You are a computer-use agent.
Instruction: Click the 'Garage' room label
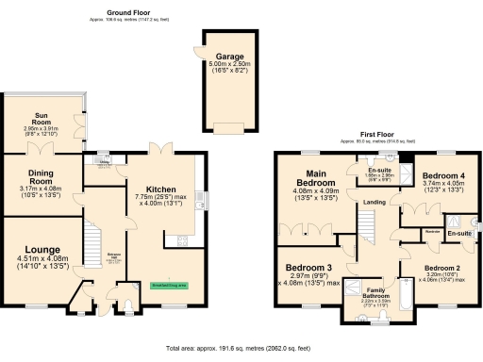(229, 56)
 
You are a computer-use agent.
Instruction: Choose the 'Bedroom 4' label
(441, 176)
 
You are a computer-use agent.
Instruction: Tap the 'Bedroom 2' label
(442, 269)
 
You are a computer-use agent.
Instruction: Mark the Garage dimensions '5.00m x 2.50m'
(229, 64)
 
